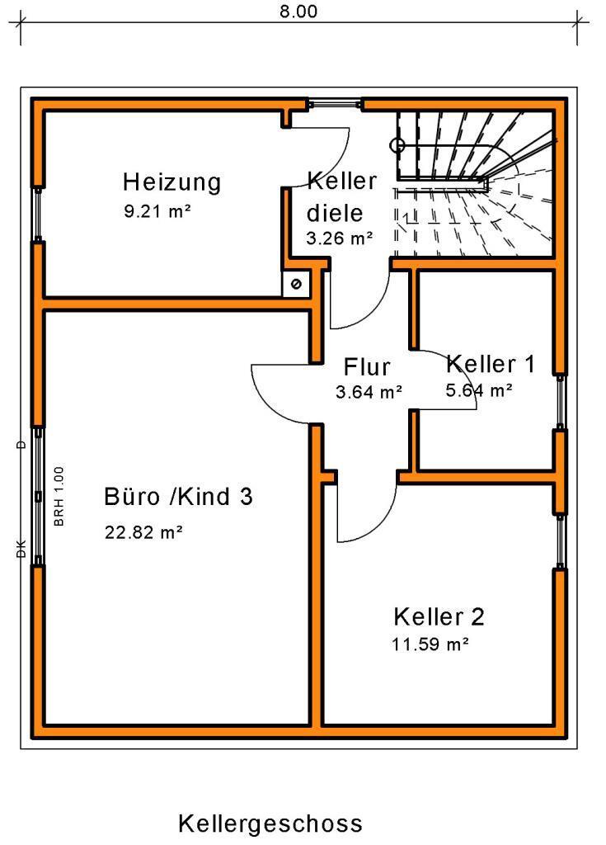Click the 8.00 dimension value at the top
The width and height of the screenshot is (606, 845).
298,12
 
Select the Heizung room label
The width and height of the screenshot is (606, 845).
171,182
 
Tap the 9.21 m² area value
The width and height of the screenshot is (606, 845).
157,211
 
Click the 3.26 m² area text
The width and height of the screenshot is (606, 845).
339,239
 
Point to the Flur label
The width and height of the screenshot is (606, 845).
367,366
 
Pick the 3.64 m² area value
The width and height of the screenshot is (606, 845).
369,392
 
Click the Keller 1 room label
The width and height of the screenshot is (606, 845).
491,363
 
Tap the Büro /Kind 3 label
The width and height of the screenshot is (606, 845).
178,497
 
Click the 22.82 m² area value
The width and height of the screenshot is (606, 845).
143,532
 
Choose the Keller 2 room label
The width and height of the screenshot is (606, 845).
439,616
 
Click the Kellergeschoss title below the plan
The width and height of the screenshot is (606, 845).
270,824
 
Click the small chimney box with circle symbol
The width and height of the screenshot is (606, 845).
295,284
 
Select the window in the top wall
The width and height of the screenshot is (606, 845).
335,104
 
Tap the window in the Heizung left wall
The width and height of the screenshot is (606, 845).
37,213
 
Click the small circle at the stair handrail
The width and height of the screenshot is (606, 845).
397,146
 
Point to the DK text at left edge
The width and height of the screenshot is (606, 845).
21,550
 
